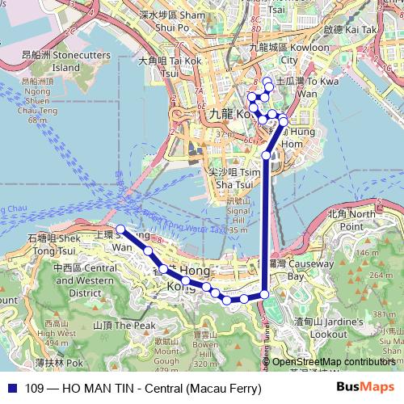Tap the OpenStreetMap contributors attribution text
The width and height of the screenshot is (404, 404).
click(333, 362)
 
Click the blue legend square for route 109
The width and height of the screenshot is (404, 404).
click(11, 389)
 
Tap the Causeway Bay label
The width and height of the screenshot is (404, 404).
click(290, 270)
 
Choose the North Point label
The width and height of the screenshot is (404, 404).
click(351, 220)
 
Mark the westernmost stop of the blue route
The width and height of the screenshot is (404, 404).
click(120, 229)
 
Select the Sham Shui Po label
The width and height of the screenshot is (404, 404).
click(180, 20)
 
